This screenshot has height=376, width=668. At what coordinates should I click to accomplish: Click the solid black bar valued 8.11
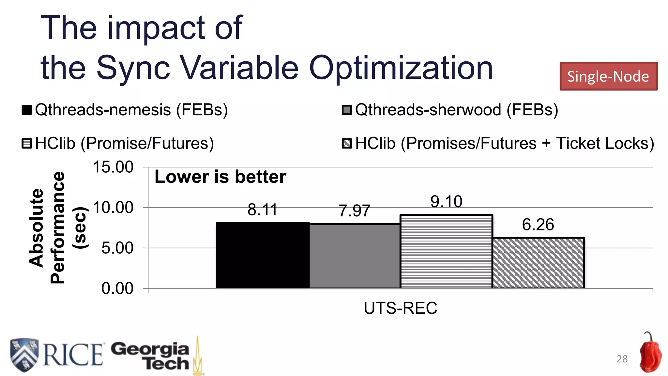coord(263,255)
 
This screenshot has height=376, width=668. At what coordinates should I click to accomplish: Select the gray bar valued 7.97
coord(355,256)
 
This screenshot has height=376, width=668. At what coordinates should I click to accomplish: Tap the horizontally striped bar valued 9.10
coord(446,251)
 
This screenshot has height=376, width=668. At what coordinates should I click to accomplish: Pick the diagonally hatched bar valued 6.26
coord(538,263)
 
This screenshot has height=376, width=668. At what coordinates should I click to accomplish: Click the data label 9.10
coord(446,201)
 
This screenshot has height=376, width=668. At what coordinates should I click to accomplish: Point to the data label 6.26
coord(538,225)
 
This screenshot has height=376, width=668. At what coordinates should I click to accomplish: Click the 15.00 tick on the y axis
coord(113,167)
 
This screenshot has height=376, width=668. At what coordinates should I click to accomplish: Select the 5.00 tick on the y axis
coord(117,248)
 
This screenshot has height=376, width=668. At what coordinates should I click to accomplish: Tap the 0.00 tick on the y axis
coord(117,289)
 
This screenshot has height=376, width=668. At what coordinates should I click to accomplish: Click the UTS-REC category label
coord(400,308)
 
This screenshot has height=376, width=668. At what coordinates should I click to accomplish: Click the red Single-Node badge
coord(608,76)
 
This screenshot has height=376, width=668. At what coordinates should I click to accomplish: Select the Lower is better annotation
coord(220,177)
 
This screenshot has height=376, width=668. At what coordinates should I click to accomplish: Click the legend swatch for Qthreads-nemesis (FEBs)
coord(26,110)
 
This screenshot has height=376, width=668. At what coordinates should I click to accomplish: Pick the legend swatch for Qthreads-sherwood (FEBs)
coord(347,110)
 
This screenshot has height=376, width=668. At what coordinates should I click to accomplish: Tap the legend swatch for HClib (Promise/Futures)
coord(26,144)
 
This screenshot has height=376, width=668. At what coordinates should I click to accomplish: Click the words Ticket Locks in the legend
coord(605,144)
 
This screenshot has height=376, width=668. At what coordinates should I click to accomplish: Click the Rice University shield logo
coord(24,354)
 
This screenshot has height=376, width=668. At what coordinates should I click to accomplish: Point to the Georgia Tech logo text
coord(151,356)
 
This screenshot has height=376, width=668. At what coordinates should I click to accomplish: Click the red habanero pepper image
coord(650,354)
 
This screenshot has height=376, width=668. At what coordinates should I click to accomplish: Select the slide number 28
coord(622,359)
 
